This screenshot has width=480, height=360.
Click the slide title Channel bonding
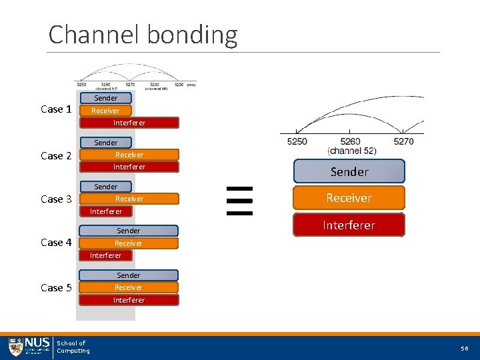pyautogui.click(x=143, y=34)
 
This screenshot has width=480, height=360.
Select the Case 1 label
pyautogui.click(x=56, y=109)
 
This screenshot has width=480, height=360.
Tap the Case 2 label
pyautogui.click(x=56, y=156)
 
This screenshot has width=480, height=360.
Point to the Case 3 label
pyautogui.click(x=56, y=199)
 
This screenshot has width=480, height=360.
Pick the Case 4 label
pyautogui.click(x=56, y=243)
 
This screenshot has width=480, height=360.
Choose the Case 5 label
pyautogui.click(x=56, y=288)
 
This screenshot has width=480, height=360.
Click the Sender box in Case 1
pyautogui.click(x=105, y=98)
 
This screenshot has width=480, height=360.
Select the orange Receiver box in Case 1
pyautogui.click(x=105, y=111)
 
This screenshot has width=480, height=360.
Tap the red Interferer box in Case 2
pyautogui.click(x=129, y=167)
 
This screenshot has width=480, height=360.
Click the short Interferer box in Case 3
pyautogui.click(x=106, y=211)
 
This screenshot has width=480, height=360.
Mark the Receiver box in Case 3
pyautogui.click(x=129, y=199)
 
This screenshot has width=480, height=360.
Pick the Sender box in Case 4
pyautogui.click(x=129, y=231)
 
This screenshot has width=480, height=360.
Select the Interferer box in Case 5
pyautogui.click(x=129, y=300)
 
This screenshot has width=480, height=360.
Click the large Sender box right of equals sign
pyautogui.click(x=349, y=172)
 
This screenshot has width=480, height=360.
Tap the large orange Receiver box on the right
pyautogui.click(x=349, y=198)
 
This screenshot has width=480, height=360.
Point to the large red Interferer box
pyautogui.click(x=349, y=225)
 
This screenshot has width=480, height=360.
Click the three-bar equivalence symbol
pyautogui.click(x=239, y=201)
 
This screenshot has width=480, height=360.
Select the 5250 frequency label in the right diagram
pyautogui.click(x=297, y=141)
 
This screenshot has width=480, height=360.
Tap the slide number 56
pyautogui.click(x=464, y=349)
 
